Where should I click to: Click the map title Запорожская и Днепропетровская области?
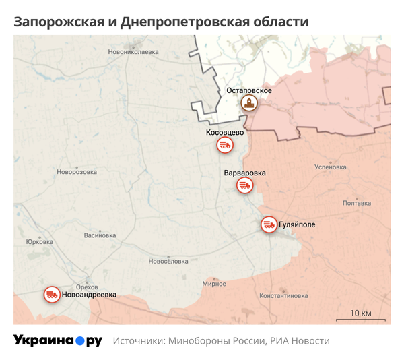pyautogui.click(x=161, y=22)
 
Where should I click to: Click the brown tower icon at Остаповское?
pyautogui.click(x=249, y=104)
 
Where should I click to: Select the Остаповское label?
pyautogui.click(x=248, y=90)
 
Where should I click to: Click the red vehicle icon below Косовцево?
pyautogui.click(x=224, y=145)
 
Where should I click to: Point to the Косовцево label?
pyautogui.click(x=225, y=132)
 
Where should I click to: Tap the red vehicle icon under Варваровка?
pyautogui.click(x=244, y=185)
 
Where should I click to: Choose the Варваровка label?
pyautogui.click(x=244, y=173)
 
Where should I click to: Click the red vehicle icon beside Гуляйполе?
pyautogui.click(x=269, y=224)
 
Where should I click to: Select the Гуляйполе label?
pyautogui.click(x=296, y=224)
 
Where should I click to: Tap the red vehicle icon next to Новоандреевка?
pyautogui.click(x=52, y=295)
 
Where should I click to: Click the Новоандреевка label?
pyautogui.click(x=89, y=295)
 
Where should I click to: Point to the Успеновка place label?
pyautogui.click(x=330, y=167)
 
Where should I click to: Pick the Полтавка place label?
pyautogui.click(x=356, y=203)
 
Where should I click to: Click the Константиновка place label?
pyautogui.click(x=283, y=295)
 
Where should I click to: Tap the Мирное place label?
pyautogui.click(x=214, y=284)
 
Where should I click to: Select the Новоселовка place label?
pyautogui.click(x=168, y=261)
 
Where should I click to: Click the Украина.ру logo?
pyautogui.click(x=58, y=340)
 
